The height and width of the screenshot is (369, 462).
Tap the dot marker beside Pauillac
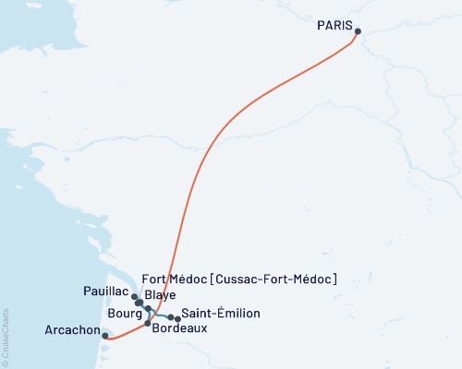click(x=134, y=297)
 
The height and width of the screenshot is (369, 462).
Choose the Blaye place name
click(x=160, y=294)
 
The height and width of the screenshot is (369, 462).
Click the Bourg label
click(x=124, y=314)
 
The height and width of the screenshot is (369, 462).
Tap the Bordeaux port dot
click(x=148, y=323)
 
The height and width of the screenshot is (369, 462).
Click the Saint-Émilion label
click(x=221, y=314)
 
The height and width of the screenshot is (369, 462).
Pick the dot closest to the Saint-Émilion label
click(x=177, y=319)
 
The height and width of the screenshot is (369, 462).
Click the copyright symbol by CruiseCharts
click(x=5, y=363)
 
